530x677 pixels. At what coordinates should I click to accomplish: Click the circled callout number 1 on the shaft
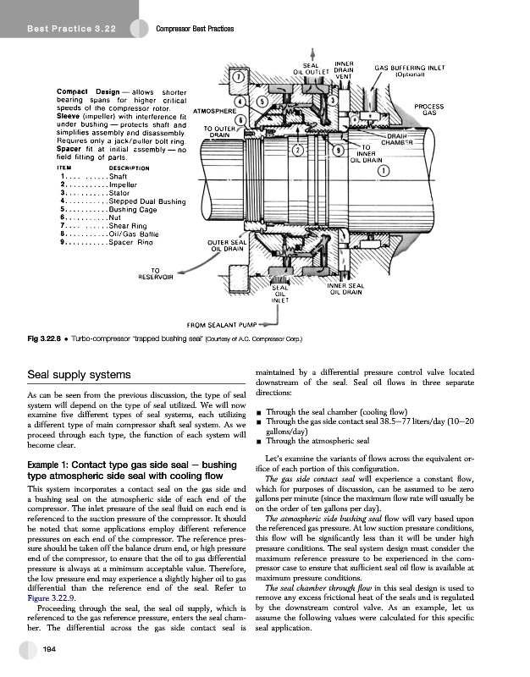click(383, 172)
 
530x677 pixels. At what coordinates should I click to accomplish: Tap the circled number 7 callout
click(240, 78)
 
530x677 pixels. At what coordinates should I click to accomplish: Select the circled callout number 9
click(339, 151)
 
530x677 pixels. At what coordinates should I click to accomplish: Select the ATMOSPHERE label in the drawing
click(213, 111)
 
